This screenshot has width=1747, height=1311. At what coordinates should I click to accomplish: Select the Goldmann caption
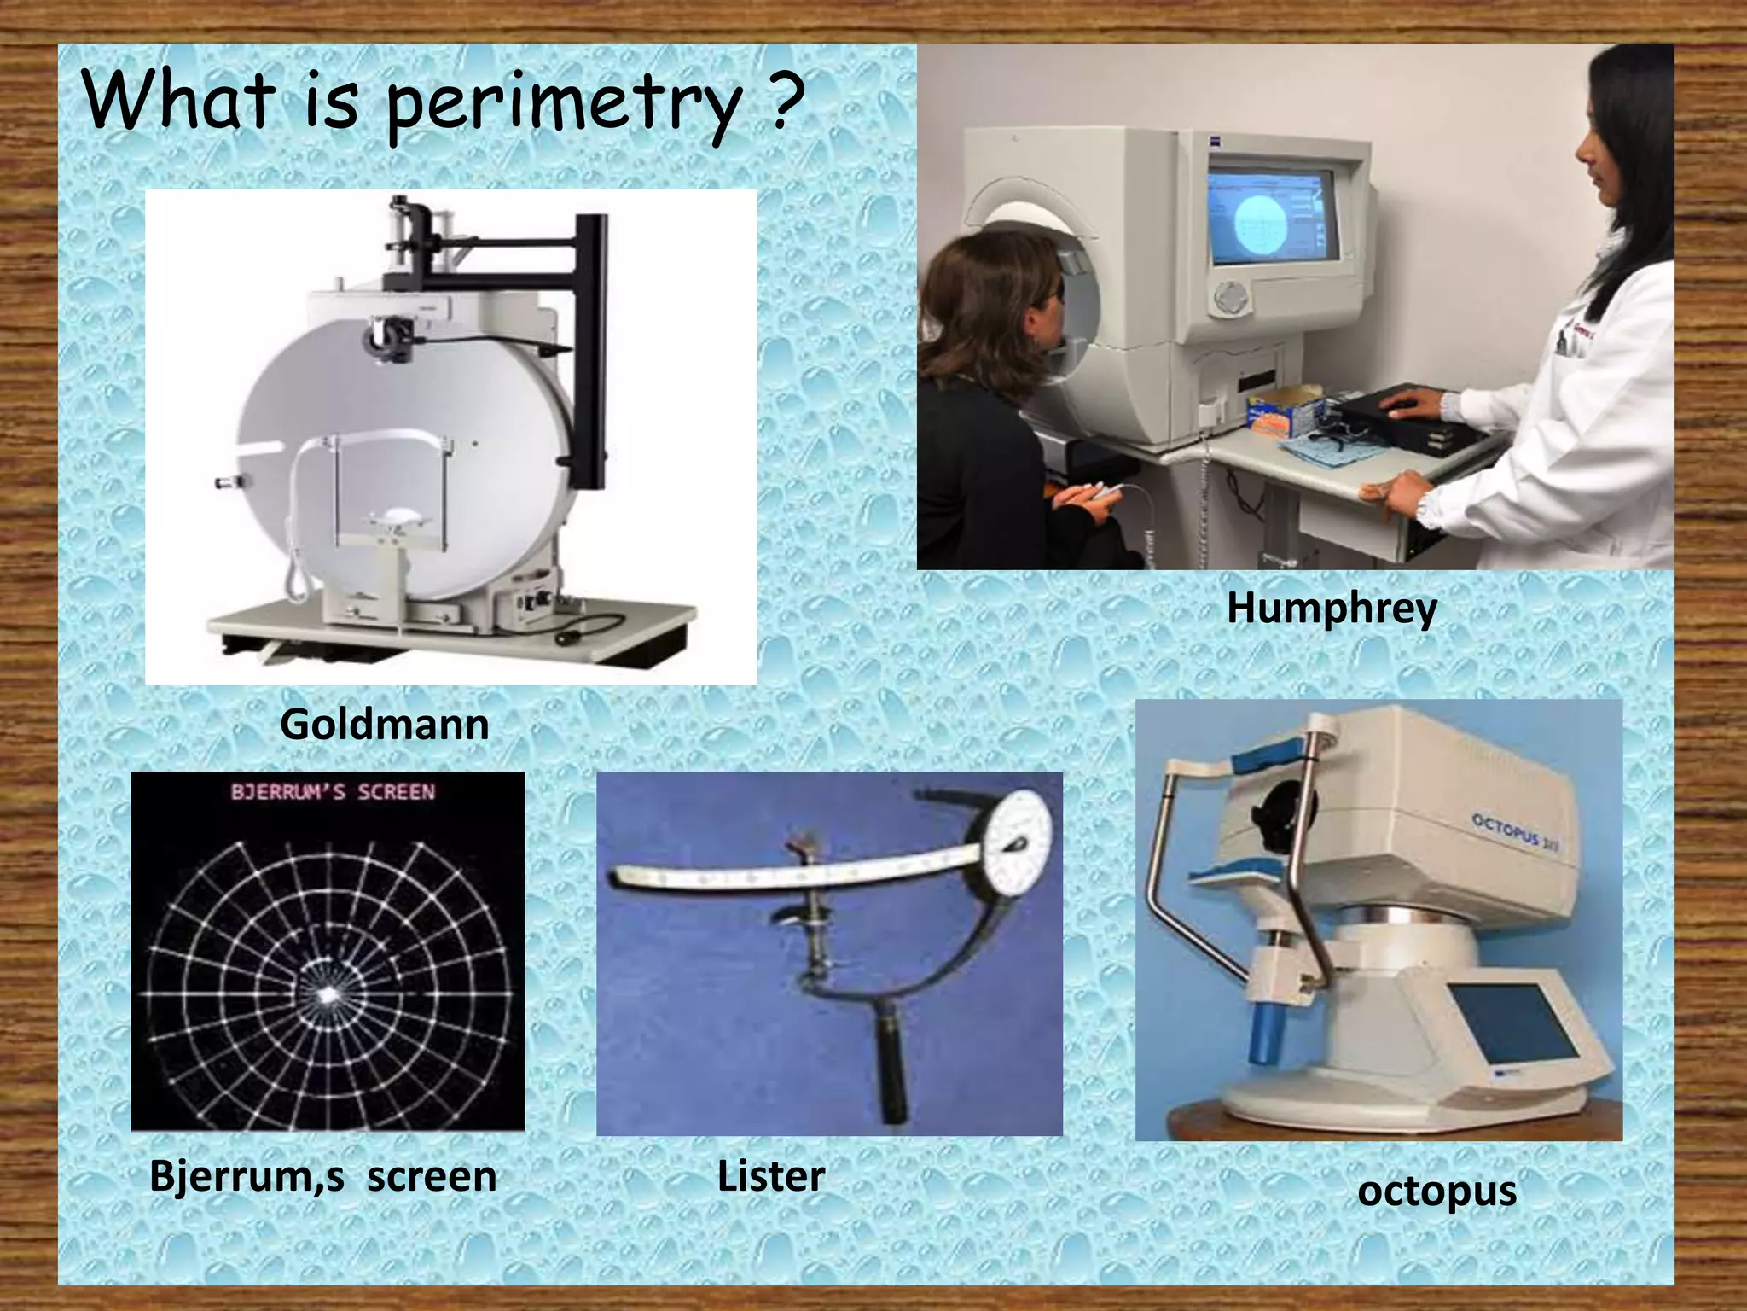point(385,725)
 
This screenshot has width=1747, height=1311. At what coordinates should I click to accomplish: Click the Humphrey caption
point(1332,609)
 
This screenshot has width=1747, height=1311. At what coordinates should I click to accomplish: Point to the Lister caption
point(770,1176)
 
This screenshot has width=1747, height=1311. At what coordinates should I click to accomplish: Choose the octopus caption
point(1436,1191)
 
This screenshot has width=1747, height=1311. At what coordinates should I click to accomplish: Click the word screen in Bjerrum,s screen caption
point(432,1176)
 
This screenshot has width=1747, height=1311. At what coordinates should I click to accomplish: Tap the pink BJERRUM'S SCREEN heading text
point(333,792)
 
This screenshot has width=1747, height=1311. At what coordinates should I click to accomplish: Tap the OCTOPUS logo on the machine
point(1514,830)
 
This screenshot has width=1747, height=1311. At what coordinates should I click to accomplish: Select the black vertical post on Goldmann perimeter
point(590,341)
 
